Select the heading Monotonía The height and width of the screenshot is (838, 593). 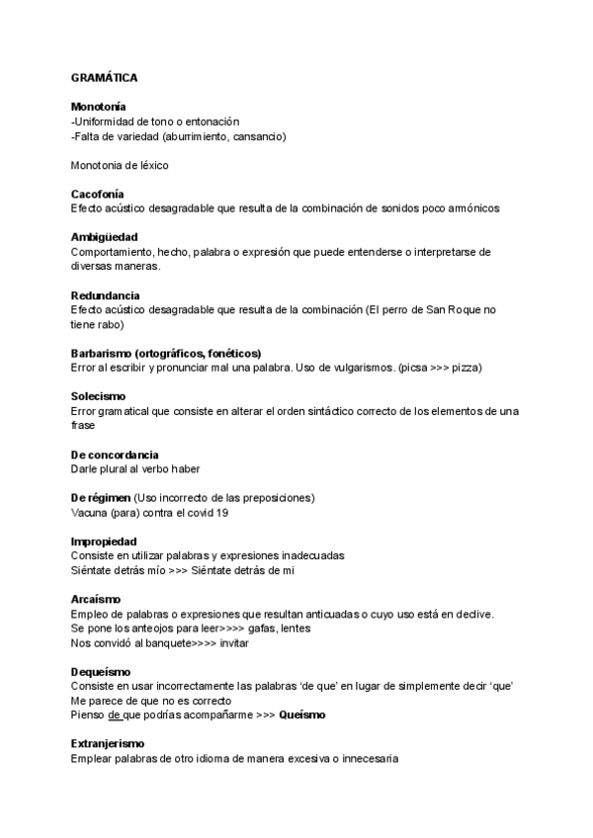[x=99, y=106]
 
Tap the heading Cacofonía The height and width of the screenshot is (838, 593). [x=98, y=194]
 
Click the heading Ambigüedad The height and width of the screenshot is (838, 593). [x=104, y=237]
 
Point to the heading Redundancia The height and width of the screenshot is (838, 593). [x=105, y=295]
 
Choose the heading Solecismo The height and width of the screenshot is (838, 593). [x=99, y=396]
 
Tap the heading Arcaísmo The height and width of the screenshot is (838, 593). [x=96, y=599]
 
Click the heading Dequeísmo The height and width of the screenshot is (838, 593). [x=101, y=672]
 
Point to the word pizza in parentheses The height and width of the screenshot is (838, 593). [x=465, y=368]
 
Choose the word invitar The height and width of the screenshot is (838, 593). [x=234, y=643]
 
